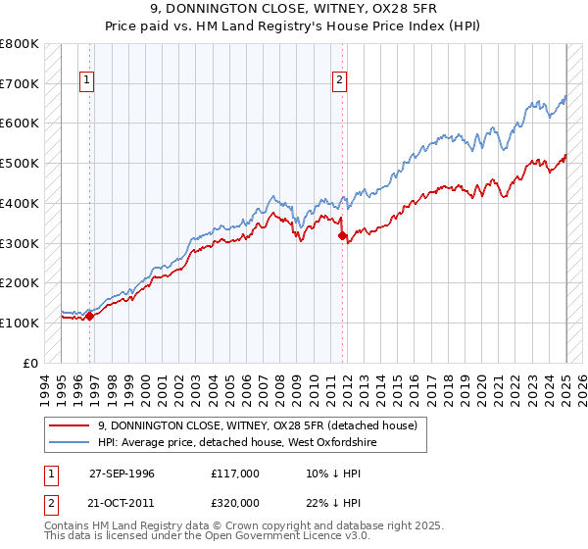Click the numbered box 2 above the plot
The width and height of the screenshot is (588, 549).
340,81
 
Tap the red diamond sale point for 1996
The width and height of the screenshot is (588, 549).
89,316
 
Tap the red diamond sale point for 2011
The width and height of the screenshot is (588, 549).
342,235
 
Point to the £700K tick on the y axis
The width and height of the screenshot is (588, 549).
20,84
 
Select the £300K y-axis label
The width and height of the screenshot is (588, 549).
20,243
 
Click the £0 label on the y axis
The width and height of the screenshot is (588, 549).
31,363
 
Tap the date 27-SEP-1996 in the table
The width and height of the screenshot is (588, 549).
122,473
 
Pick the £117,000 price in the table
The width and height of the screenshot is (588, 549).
235,473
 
